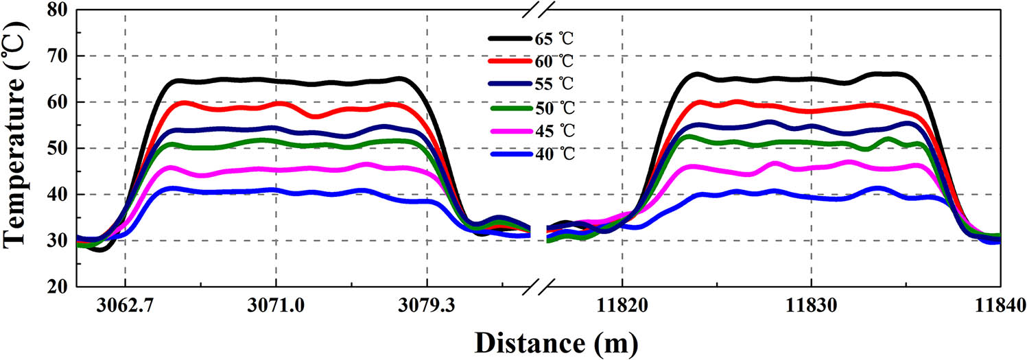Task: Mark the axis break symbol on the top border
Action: (537, 10)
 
